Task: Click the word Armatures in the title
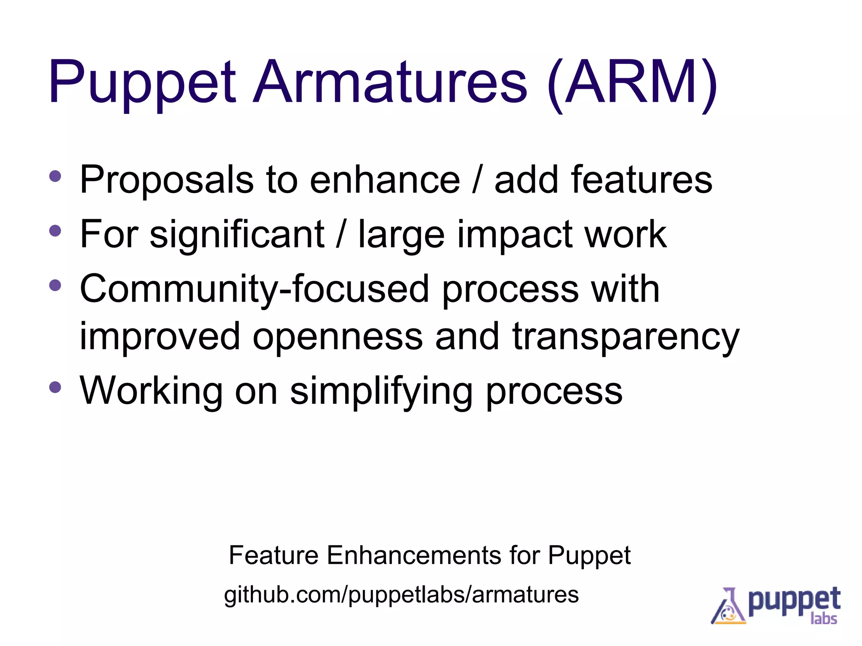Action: [x=389, y=82]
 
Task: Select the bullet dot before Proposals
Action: [x=55, y=176]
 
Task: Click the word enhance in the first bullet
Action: [x=385, y=180]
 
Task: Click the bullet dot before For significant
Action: [x=55, y=230]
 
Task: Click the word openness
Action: [x=338, y=336]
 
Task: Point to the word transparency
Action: [x=625, y=336]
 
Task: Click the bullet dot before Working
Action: [x=55, y=387]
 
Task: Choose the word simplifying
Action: [x=381, y=391]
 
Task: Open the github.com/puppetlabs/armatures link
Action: [x=401, y=595]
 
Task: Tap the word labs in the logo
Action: [x=823, y=619]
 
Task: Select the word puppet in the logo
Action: [x=794, y=601]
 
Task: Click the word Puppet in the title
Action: [x=142, y=82]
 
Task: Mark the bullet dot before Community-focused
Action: [x=55, y=286]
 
